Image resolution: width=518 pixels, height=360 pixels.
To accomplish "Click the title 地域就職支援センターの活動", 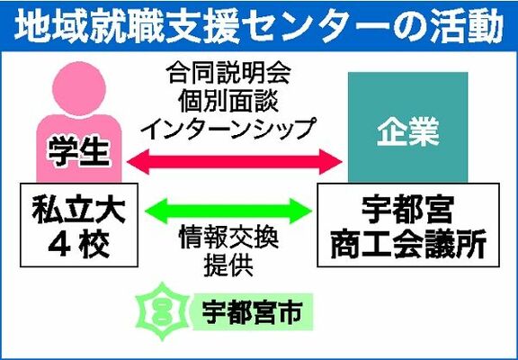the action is pyautogui.click(x=258, y=26).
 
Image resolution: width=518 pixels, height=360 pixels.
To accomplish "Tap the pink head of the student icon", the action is pyautogui.click(x=79, y=88).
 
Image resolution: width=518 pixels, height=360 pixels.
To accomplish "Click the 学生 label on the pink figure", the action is pyautogui.click(x=78, y=152).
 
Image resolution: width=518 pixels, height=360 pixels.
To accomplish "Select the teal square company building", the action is pyautogui.click(x=408, y=127).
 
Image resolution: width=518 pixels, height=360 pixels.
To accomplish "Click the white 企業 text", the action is pyautogui.click(x=408, y=133).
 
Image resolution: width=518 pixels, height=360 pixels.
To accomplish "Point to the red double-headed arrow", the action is pyautogui.click(x=234, y=162).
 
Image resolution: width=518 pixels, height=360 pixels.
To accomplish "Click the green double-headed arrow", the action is pyautogui.click(x=228, y=211).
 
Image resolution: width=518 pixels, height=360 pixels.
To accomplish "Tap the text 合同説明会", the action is pyautogui.click(x=228, y=73).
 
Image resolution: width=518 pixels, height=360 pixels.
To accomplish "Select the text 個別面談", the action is pyautogui.click(x=228, y=100).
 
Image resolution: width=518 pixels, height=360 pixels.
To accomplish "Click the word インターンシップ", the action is pyautogui.click(x=228, y=128).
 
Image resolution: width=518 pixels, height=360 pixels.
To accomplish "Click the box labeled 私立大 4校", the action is pyautogui.click(x=79, y=225).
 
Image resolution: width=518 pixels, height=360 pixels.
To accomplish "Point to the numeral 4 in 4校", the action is pyautogui.click(x=59, y=246).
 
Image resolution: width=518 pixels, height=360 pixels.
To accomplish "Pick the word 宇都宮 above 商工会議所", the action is pyautogui.click(x=407, y=209).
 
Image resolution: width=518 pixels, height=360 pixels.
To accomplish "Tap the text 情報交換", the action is pyautogui.click(x=228, y=238).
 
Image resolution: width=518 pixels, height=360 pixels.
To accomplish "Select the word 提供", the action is pyautogui.click(x=228, y=265).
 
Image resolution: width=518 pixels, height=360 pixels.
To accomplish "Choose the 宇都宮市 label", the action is pyautogui.click(x=252, y=311).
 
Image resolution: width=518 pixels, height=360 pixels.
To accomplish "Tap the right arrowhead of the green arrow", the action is pyautogui.click(x=301, y=211).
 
